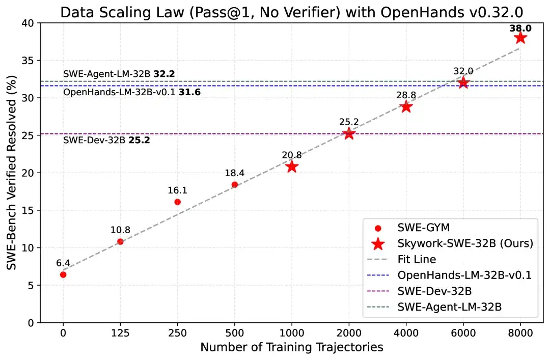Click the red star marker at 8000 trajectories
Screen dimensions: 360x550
click(x=520, y=38)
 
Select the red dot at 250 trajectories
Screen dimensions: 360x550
click(x=177, y=202)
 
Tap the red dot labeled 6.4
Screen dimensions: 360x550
click(x=63, y=274)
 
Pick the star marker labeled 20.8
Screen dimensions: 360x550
click(x=291, y=167)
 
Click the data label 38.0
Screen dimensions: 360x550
click(x=520, y=29)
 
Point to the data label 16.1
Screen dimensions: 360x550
click(x=177, y=190)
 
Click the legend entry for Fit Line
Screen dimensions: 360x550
click(x=417, y=259)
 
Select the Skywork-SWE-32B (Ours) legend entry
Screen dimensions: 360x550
click(x=465, y=244)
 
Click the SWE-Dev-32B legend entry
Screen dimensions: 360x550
click(x=434, y=291)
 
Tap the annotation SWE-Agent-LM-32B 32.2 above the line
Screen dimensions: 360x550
click(x=119, y=74)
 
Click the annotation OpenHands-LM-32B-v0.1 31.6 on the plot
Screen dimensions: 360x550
click(x=131, y=93)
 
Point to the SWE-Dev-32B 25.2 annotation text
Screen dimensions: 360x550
click(x=106, y=140)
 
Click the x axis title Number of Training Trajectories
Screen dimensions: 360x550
click(x=291, y=348)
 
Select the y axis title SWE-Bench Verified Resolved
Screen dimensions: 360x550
click(x=11, y=173)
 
